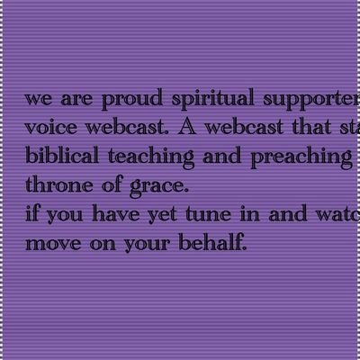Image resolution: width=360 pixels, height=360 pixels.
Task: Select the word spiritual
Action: tap(204, 98)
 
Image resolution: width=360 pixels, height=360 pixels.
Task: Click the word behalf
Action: tap(213, 242)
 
